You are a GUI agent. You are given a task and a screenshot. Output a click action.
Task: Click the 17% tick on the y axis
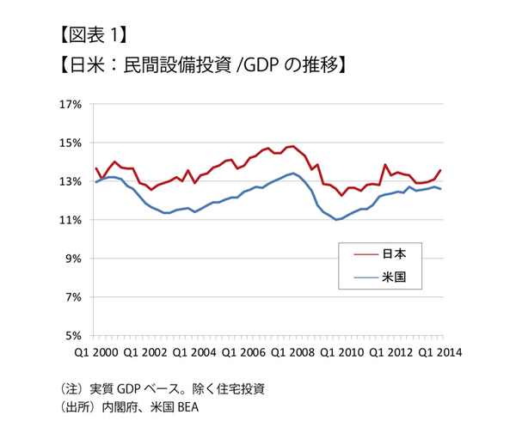pos(69,104)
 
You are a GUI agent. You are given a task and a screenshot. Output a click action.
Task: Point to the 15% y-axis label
pos(69,143)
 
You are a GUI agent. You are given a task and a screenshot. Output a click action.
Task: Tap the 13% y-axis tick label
pos(69,181)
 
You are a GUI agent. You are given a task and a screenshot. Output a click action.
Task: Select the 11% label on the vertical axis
pos(69,220)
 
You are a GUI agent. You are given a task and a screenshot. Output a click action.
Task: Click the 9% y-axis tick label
pos(71,259)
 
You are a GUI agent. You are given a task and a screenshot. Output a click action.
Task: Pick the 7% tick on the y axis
pos(71,297)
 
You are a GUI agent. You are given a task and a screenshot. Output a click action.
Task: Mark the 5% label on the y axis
pos(71,336)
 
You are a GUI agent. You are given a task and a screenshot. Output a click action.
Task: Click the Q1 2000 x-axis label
pos(95,352)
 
